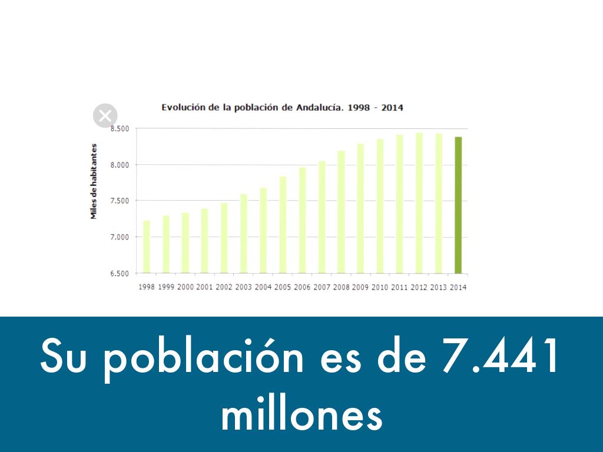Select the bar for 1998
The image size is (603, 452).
[x=147, y=247]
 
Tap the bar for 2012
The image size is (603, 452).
[x=419, y=203]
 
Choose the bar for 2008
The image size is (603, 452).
[x=341, y=212]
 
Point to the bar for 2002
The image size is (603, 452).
[x=224, y=238]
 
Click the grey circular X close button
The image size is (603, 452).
[x=105, y=116]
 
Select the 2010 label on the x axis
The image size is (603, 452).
[x=380, y=287]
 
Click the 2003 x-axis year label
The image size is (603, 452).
[x=243, y=287]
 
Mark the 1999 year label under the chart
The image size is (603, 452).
[x=166, y=287]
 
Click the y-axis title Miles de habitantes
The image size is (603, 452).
[x=94, y=181]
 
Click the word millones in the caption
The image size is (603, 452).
[x=301, y=416]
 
